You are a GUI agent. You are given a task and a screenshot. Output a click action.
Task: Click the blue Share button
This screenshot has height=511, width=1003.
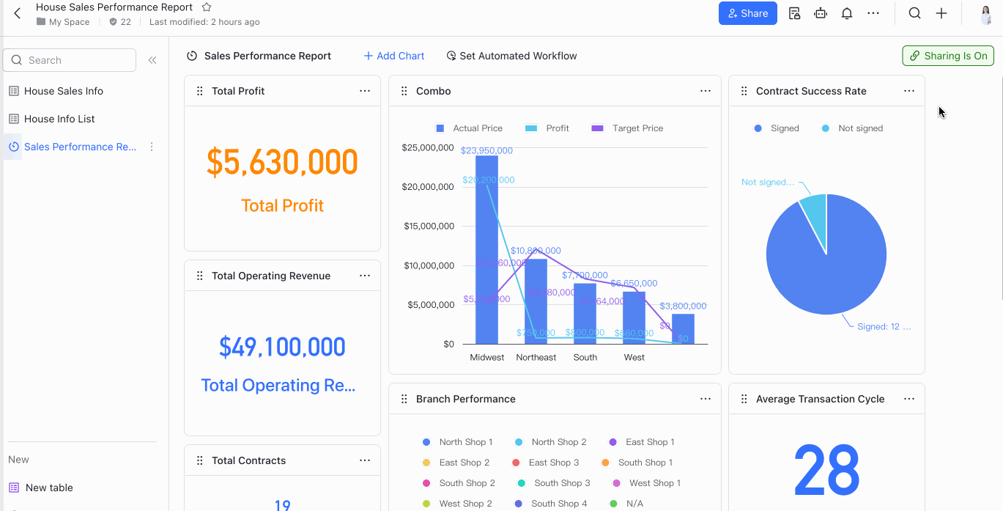coord(747,13)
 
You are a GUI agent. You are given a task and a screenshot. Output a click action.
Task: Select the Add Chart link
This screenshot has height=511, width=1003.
coord(394,56)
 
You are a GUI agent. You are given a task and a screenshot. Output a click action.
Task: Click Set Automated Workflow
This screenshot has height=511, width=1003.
coord(511,56)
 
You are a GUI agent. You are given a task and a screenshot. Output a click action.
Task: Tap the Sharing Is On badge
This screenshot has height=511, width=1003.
coord(948,56)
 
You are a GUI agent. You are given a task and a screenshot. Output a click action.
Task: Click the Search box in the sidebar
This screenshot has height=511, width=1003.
coord(70,60)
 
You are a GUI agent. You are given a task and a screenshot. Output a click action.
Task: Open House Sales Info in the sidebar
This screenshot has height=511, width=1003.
coord(63,91)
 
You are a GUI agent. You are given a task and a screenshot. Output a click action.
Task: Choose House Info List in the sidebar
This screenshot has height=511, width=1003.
coord(59,119)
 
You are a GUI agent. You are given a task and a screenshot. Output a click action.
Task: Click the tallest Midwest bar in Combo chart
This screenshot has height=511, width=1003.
coord(486,249)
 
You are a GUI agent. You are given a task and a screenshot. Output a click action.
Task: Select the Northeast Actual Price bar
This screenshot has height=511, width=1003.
coord(536,301)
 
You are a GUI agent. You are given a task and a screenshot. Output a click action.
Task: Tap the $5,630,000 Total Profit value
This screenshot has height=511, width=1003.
coord(282,163)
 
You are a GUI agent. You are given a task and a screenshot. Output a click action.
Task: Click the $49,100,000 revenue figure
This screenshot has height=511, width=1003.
coord(282,347)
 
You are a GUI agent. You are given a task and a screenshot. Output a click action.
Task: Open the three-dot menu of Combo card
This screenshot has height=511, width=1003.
coord(706,91)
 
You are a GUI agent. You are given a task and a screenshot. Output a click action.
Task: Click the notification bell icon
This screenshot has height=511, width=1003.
coord(847,13)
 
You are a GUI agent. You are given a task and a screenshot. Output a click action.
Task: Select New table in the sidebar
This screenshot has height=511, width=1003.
coord(49,488)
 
